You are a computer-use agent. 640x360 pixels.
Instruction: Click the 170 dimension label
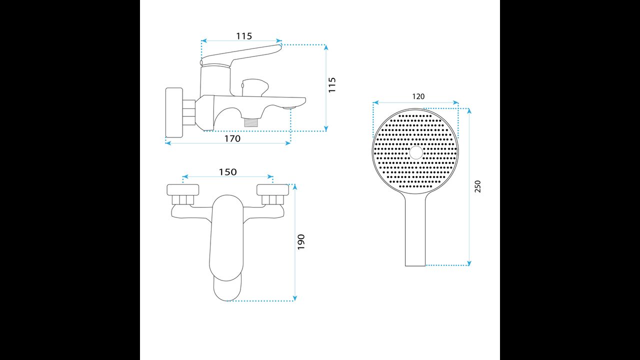232,138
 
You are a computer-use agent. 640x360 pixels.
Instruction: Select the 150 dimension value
227,172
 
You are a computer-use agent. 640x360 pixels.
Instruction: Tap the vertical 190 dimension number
301,242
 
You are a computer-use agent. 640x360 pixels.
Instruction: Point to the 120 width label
418,96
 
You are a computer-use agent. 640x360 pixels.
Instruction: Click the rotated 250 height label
477,186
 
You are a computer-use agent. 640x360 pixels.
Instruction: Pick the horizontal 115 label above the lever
244,36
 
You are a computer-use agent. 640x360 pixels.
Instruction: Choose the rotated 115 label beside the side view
332,84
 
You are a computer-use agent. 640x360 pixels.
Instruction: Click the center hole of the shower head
416,152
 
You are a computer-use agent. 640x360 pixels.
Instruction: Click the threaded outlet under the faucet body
251,122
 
